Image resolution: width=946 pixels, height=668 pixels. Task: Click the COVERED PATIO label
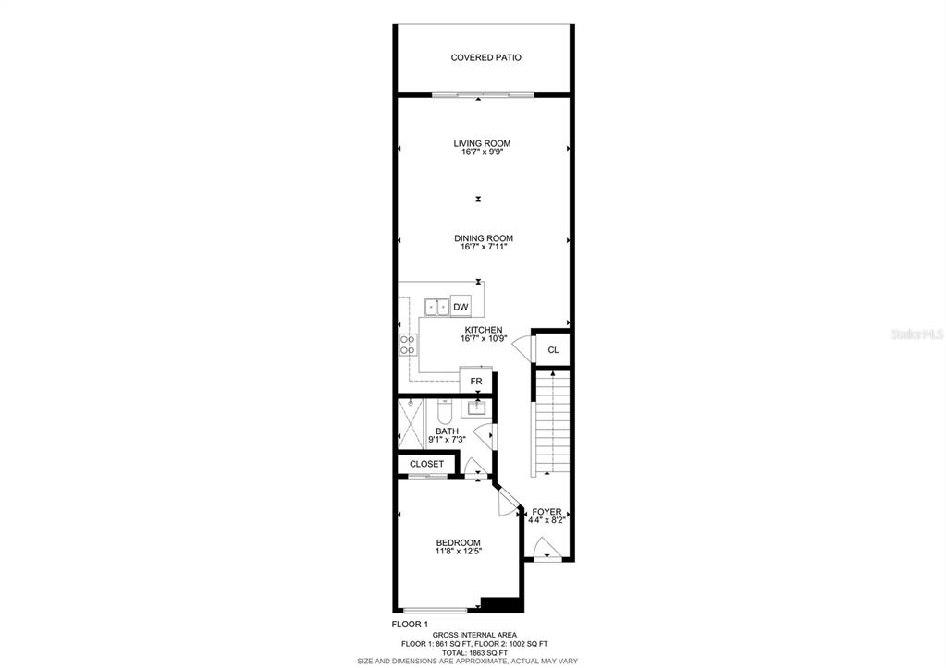[485, 58]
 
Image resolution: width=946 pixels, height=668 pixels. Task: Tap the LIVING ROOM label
[482, 143]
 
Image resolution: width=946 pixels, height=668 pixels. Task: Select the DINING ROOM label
[484, 238]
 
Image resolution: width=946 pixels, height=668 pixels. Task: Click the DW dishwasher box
[461, 307]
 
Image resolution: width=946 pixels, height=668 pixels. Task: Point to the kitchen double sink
[437, 307]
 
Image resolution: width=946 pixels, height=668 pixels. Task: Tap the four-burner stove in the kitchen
[408, 345]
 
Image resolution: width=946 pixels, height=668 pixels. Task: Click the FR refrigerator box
[476, 381]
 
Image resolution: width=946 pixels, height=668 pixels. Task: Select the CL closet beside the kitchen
[553, 349]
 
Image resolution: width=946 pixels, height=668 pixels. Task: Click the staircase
[551, 422]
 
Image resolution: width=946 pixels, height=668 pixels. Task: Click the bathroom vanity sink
[476, 408]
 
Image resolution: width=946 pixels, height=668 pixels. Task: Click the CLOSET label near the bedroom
[426, 464]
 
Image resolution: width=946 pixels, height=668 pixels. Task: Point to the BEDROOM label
[459, 542]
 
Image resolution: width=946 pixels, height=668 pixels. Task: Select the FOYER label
[547, 512]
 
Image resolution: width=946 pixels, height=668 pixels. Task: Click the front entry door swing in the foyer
[546, 547]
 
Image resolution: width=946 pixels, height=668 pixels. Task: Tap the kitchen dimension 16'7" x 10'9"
[484, 339]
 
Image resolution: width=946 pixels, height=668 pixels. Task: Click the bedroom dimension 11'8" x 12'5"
[459, 551]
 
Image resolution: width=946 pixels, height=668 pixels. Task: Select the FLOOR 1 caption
[411, 624]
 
